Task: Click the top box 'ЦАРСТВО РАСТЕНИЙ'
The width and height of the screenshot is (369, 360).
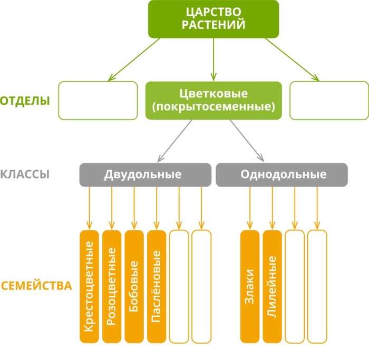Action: pos(213,19)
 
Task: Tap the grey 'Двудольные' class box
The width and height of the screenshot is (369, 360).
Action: pos(143,174)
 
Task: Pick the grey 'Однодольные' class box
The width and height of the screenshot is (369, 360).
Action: pos(281,174)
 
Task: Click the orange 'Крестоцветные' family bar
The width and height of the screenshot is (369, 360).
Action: pos(89,286)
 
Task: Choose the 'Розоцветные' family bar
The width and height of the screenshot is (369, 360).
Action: pos(112,286)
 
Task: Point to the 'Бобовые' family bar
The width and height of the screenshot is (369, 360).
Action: pos(134,286)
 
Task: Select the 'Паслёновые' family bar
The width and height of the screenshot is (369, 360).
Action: pos(157,286)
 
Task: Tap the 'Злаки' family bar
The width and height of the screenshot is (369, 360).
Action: pos(250,286)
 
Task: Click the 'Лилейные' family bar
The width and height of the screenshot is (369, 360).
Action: pos(272,286)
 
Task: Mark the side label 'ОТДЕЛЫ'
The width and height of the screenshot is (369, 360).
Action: pos(25,101)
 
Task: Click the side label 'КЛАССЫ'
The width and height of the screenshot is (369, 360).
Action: pos(25,174)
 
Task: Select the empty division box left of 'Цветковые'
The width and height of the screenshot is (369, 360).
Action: pos(98,100)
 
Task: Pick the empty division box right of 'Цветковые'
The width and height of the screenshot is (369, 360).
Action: pos(329,100)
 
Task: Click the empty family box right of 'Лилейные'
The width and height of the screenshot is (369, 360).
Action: pos(295,286)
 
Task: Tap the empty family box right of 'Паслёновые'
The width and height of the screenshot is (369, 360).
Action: pos(179,286)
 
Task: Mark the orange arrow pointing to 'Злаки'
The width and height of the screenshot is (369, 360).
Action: pos(250,208)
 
